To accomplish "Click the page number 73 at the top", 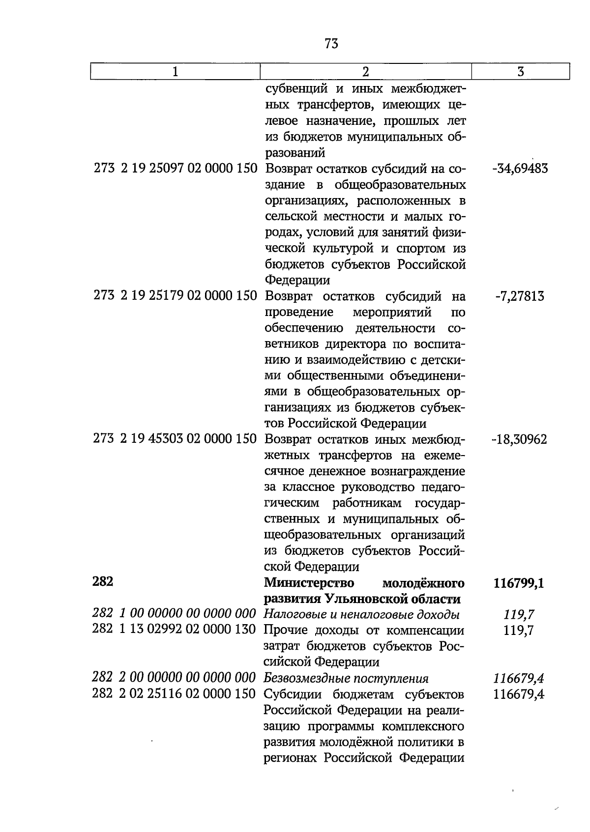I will pos(331,44).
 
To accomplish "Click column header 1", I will pos(175,72).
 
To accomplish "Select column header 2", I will pos(365,72).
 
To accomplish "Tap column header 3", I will pos(520,72).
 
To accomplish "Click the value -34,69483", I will pos(519,169).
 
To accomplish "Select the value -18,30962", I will pos(519,439).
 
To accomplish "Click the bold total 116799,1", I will pos(518,584).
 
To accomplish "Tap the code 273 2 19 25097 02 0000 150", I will pos(176,169).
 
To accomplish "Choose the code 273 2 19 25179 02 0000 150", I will pos(176,296).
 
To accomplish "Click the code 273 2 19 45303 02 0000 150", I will pos(175,438).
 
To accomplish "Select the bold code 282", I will pos(103,581).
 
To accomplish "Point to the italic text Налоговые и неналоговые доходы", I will pos(361,614).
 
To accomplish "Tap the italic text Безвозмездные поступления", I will pos(346,679).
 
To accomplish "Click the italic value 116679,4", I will pos(518,679).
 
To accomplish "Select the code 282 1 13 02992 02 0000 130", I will pos(175,630).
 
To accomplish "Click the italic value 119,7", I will pos(519,615).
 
